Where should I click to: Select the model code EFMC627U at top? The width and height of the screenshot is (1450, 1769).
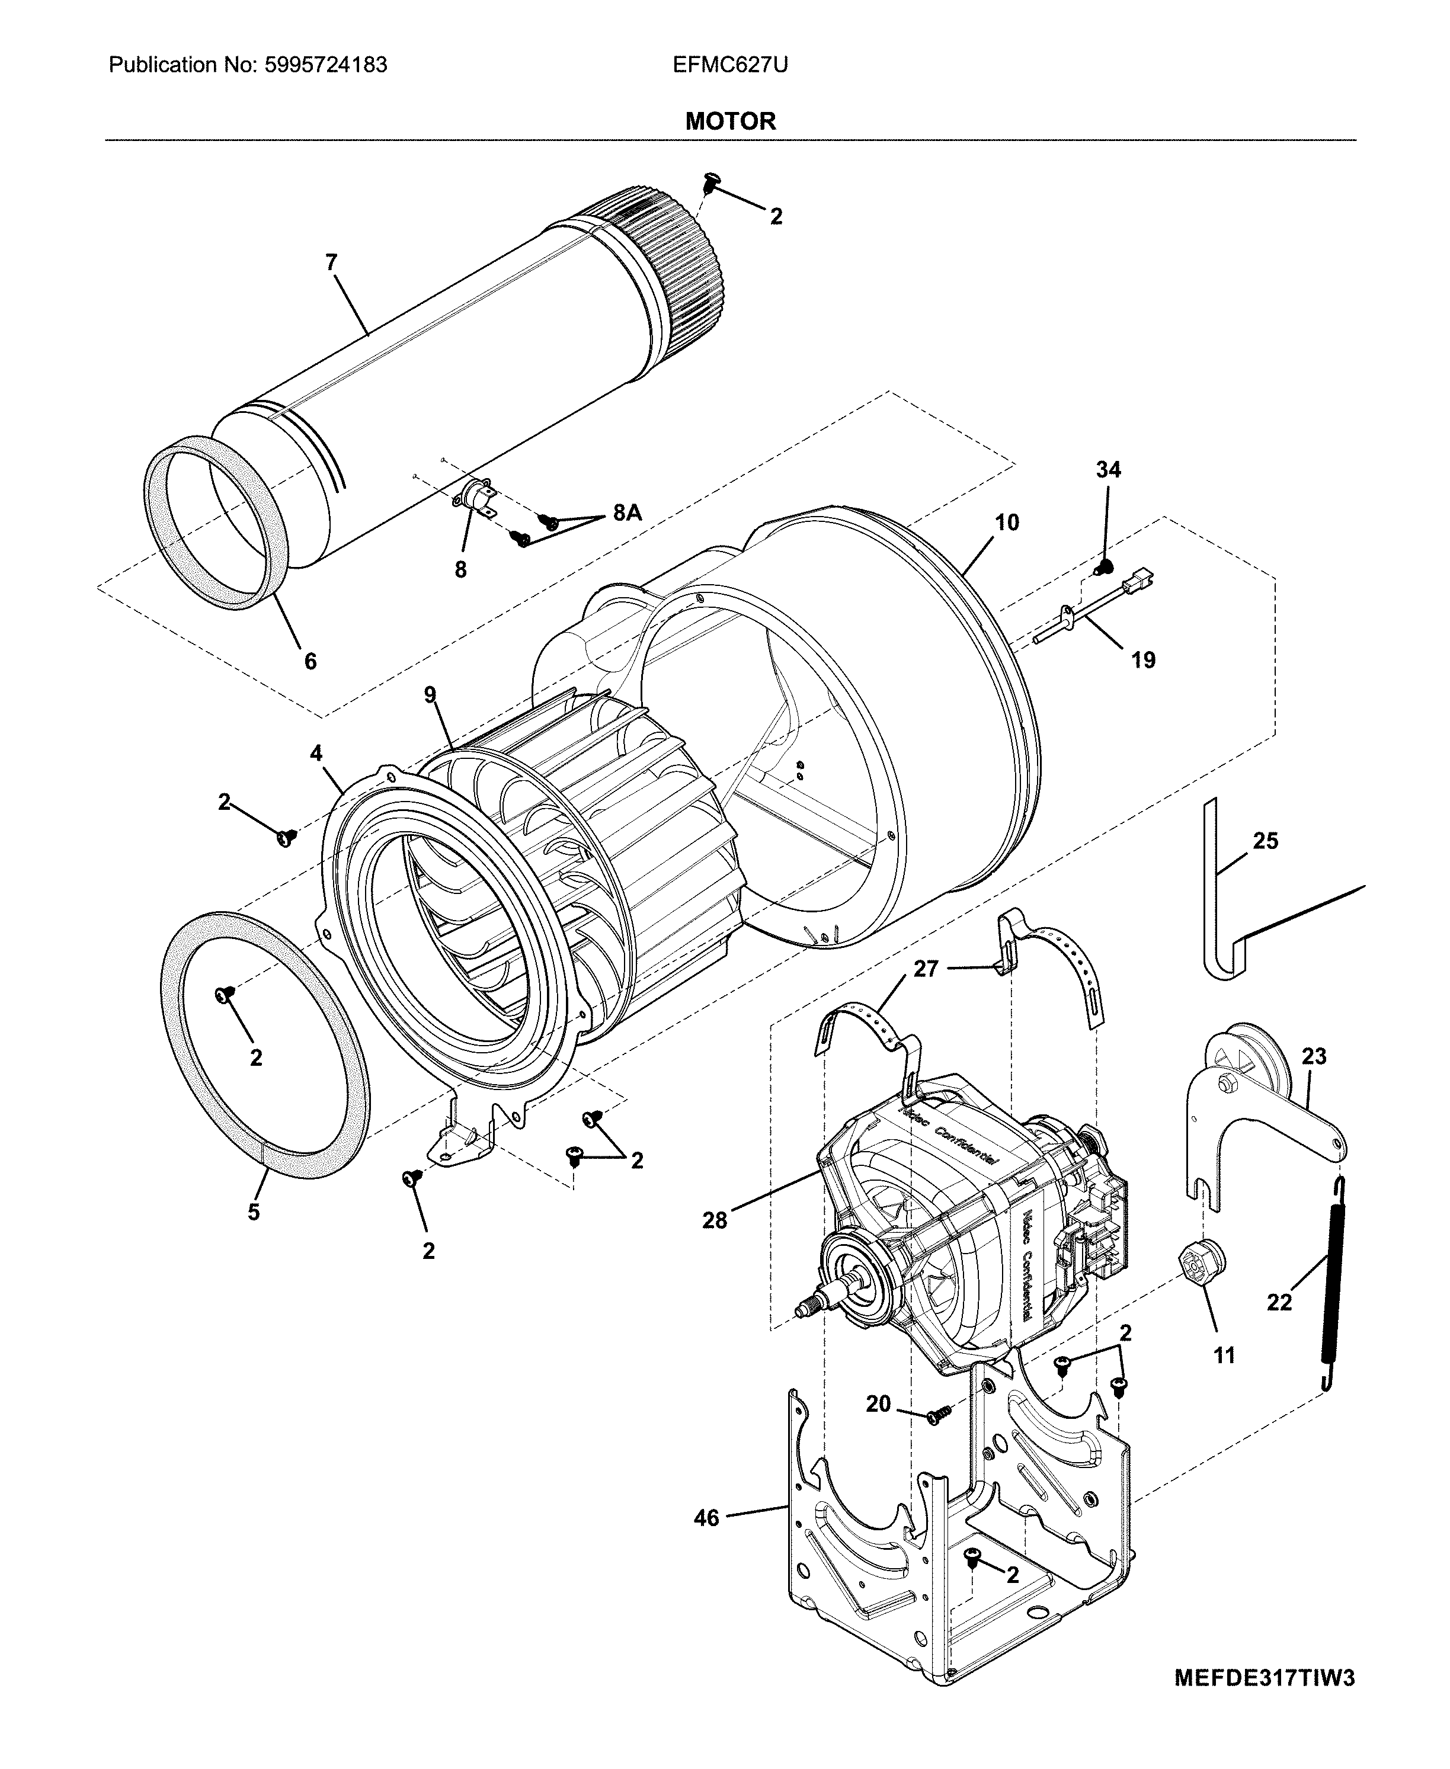pos(730,65)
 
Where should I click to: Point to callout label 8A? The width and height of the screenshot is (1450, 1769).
pos(628,513)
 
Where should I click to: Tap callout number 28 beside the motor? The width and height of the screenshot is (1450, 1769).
pos(715,1220)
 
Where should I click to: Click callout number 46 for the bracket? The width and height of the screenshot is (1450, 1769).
pos(706,1518)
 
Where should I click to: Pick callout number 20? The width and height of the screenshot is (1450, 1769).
pos(878,1404)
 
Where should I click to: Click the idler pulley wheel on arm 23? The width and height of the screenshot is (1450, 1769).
pos(1250,1062)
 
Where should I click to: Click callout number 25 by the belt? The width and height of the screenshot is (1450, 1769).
pos(1265,841)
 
